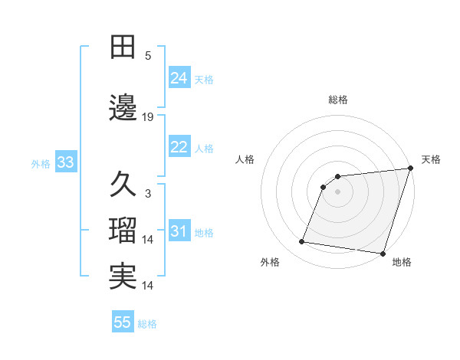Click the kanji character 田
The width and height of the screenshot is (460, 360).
point(123,47)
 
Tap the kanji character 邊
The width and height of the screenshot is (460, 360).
point(123,109)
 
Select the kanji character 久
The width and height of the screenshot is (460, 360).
point(123,185)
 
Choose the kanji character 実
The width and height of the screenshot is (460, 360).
point(123,277)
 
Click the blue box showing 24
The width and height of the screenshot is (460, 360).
point(179,78)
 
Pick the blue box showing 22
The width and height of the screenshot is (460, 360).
point(179,147)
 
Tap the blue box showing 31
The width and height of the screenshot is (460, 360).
point(179,231)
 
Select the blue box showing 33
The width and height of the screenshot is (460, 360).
point(64,162)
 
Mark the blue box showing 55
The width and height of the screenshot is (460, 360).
point(123,322)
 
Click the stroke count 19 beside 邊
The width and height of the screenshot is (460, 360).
point(148,117)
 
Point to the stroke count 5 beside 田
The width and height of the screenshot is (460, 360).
point(148,56)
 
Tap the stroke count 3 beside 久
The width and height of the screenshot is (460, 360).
point(148,194)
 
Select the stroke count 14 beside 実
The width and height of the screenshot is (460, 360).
point(148,286)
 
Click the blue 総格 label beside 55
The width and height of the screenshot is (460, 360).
point(147,324)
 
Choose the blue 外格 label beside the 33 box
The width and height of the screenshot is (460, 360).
point(41,163)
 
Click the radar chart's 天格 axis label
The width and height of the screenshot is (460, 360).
point(431,159)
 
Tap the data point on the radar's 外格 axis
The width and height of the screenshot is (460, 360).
point(302,242)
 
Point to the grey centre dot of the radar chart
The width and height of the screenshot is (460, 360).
point(337,191)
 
